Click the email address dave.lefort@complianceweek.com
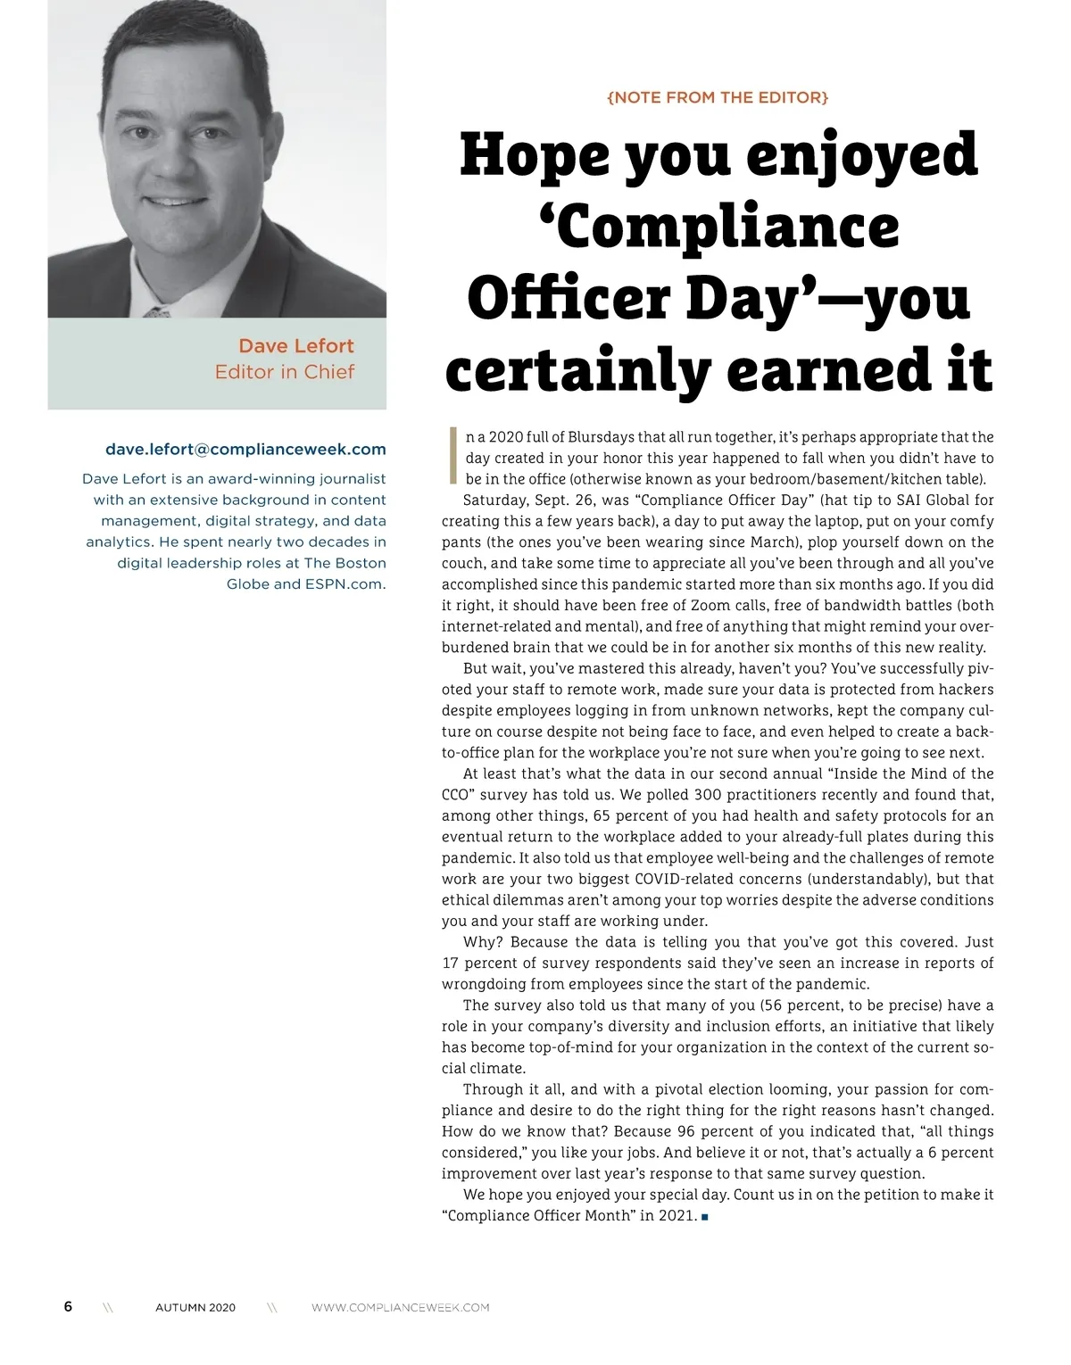click(245, 450)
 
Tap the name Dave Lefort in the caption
click(295, 346)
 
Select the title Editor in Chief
click(284, 372)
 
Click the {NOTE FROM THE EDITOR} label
click(718, 97)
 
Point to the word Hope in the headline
click(533, 156)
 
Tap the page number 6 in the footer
click(68, 1306)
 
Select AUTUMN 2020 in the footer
click(195, 1308)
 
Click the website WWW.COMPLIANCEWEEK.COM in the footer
click(400, 1308)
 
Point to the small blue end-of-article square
click(705, 1217)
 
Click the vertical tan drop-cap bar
click(452, 455)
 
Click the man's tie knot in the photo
click(159, 311)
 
